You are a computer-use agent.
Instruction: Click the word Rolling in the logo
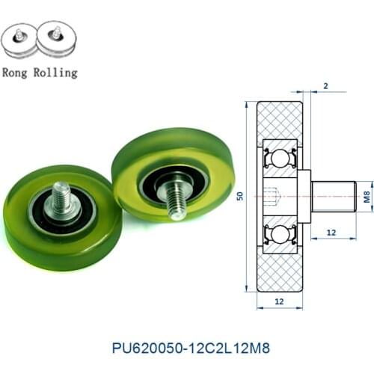tap(55, 73)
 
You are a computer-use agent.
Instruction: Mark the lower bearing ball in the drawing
tap(280, 234)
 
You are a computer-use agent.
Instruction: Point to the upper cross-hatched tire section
tap(280, 119)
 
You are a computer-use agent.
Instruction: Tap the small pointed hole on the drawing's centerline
tap(274, 196)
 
